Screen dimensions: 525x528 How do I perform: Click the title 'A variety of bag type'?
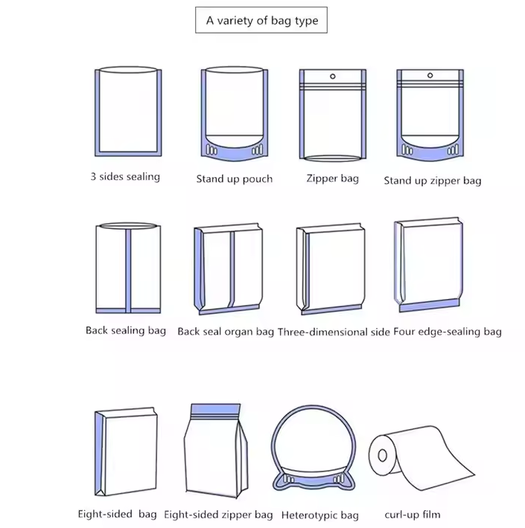[262, 21]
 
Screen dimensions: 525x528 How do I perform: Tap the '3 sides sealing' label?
[125, 177]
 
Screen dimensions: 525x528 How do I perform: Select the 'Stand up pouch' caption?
[234, 178]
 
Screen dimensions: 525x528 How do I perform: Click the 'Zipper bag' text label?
[332, 178]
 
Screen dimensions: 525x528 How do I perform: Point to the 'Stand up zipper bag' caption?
[433, 180]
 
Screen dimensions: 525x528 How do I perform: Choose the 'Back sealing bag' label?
[126, 330]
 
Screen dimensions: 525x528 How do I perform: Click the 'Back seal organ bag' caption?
[226, 332]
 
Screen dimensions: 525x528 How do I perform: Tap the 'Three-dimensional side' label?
[334, 332]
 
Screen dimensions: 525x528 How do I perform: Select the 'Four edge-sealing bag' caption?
[448, 332]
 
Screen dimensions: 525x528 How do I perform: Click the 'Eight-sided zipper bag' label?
[218, 515]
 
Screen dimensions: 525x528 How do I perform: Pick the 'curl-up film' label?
[413, 515]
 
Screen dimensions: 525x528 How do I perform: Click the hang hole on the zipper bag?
[332, 77]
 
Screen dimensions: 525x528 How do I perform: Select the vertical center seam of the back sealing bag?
[129, 268]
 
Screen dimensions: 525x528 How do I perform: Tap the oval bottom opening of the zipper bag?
[332, 158]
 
